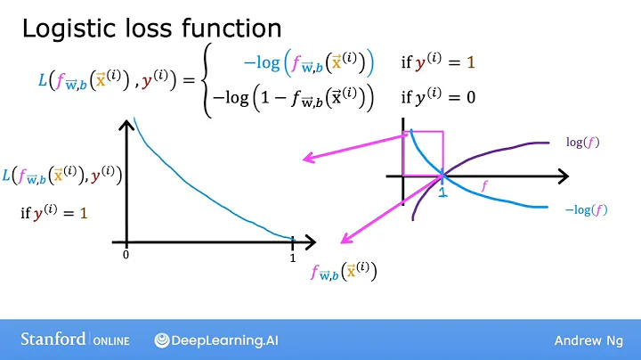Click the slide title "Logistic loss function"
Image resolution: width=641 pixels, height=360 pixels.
tap(151, 29)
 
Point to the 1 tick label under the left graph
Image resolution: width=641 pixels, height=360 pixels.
tap(292, 258)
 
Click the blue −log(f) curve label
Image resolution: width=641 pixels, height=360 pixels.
tap(586, 210)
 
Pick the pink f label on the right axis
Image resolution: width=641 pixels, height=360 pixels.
tap(485, 187)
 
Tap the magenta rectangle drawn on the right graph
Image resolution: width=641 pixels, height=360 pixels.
tap(423, 153)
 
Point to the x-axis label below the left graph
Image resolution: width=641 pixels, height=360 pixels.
tap(344, 271)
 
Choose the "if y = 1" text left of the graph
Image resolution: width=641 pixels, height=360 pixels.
tap(53, 214)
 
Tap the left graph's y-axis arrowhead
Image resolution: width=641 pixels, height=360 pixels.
tap(127, 124)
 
